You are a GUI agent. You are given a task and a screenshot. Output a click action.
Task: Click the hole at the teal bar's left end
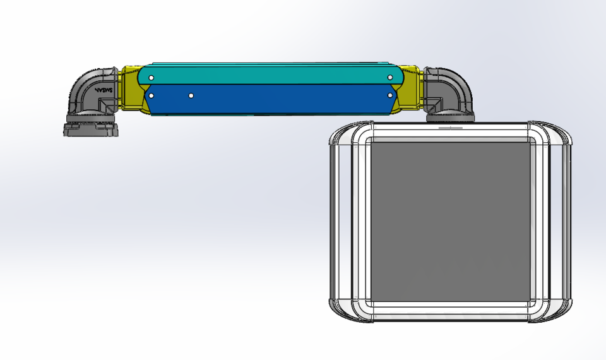(x=151, y=78)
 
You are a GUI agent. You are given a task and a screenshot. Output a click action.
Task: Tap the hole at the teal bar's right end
(x=390, y=78)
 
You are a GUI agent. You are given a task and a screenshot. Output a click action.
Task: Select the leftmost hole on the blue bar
(x=151, y=96)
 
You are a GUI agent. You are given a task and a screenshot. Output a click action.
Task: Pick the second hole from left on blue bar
(x=191, y=96)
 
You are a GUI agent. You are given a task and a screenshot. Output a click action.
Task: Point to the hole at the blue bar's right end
(x=390, y=95)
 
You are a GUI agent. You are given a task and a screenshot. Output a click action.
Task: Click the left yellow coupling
(x=131, y=88)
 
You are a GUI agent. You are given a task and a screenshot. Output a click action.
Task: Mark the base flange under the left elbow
(x=91, y=129)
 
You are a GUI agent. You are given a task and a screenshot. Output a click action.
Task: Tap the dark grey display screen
(x=449, y=221)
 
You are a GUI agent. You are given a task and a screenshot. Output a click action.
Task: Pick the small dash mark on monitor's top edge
(x=449, y=128)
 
